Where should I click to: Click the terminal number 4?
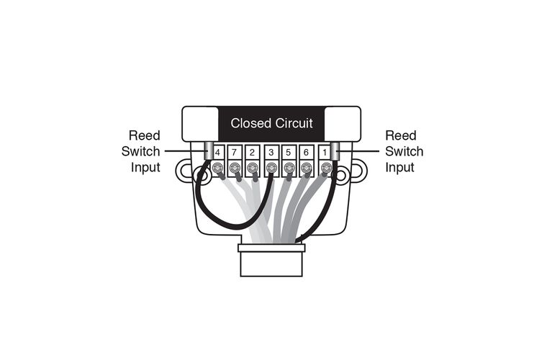click(217, 153)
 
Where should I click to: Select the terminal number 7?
click(234, 153)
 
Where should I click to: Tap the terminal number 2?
click(252, 153)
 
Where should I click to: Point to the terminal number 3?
click(271, 153)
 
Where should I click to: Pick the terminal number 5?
click(288, 153)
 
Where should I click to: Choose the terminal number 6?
click(306, 153)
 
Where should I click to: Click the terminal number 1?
click(325, 153)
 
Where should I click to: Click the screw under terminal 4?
click(217, 168)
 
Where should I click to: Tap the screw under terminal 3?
click(271, 168)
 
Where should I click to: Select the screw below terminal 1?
click(326, 168)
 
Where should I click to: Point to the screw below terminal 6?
click(306, 168)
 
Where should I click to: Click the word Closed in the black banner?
click(250, 123)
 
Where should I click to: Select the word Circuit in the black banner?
click(294, 123)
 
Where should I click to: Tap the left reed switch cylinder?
click(208, 151)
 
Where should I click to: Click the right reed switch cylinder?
click(335, 151)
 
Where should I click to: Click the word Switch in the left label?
click(140, 151)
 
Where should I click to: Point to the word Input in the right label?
click(399, 168)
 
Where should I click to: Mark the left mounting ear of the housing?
click(184, 171)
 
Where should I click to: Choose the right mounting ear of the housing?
click(359, 171)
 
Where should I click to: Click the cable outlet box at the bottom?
click(271, 260)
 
